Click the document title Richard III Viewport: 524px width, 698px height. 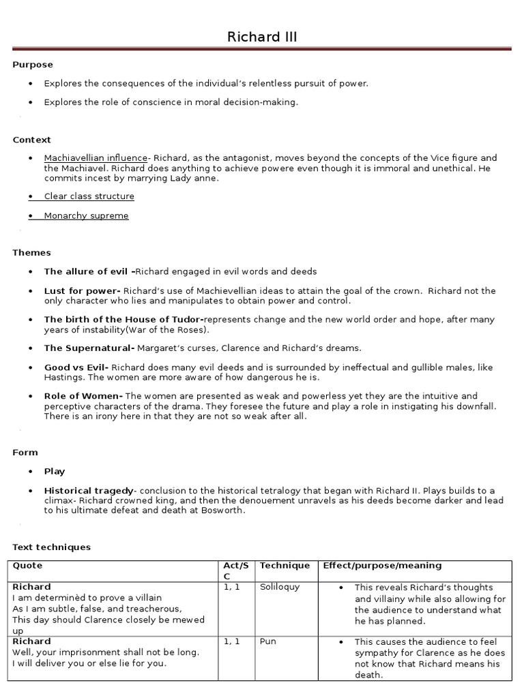(262, 37)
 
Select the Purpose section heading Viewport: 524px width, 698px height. (33, 65)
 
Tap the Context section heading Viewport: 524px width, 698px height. (32, 140)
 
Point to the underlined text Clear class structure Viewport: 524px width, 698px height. (89, 196)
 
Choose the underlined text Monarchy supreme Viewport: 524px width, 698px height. (86, 216)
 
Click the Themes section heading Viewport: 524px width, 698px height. (32, 253)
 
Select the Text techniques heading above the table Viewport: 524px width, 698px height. (52, 547)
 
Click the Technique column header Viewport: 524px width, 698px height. (285, 566)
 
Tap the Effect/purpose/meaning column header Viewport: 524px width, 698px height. (382, 566)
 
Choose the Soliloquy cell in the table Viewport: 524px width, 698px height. (279, 587)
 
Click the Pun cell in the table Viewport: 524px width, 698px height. (267, 641)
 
